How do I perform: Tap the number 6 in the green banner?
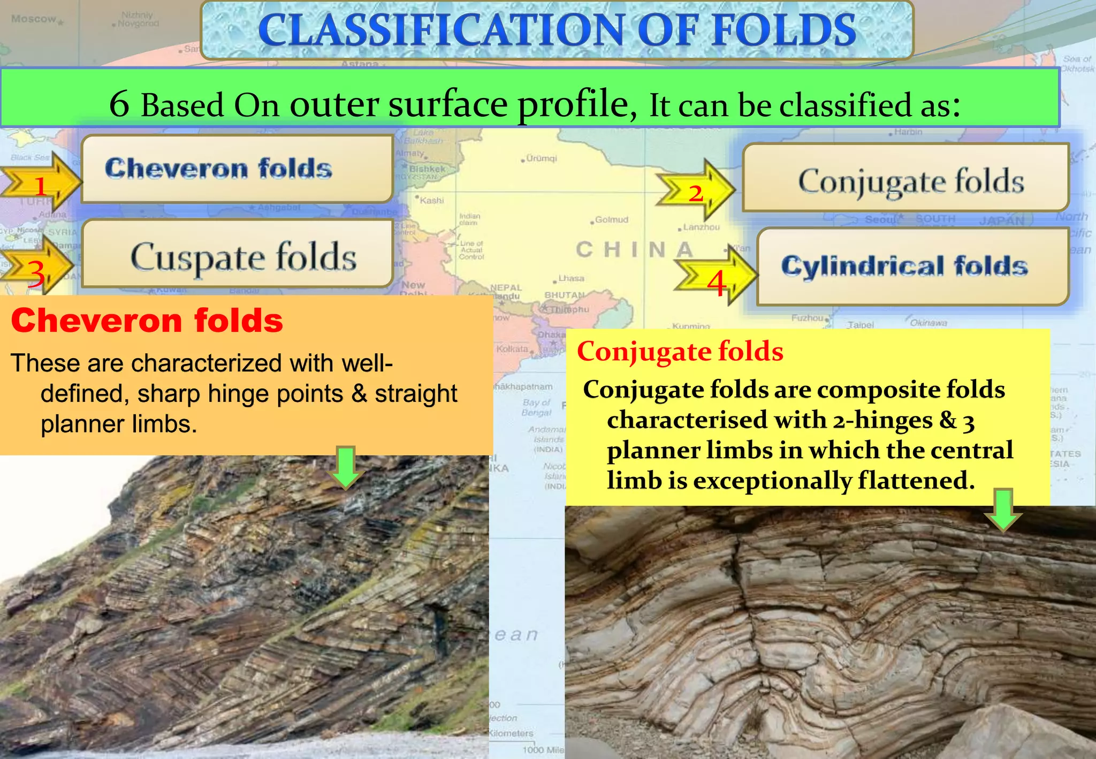pyautogui.click(x=119, y=103)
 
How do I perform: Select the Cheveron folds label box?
pyautogui.click(x=237, y=169)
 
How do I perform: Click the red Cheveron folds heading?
pyautogui.click(x=147, y=321)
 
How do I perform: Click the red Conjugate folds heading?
pyautogui.click(x=680, y=352)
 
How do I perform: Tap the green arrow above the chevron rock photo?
pyautogui.click(x=346, y=467)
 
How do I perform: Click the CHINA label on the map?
pyautogui.click(x=635, y=249)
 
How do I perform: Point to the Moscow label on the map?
pyautogui.click(x=33, y=19)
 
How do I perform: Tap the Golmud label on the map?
pyautogui.click(x=611, y=219)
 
